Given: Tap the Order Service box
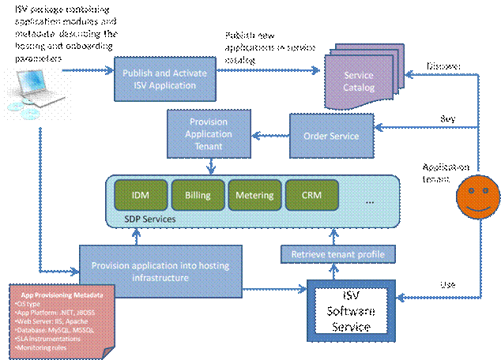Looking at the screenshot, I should (x=331, y=136).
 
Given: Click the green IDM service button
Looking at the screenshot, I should (x=138, y=194).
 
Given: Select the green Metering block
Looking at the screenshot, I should (x=254, y=194).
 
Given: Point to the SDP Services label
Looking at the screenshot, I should (x=149, y=219).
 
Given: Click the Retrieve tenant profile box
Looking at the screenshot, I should (x=338, y=254).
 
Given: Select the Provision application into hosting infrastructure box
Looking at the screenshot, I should (x=160, y=272).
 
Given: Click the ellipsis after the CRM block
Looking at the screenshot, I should (x=368, y=201).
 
